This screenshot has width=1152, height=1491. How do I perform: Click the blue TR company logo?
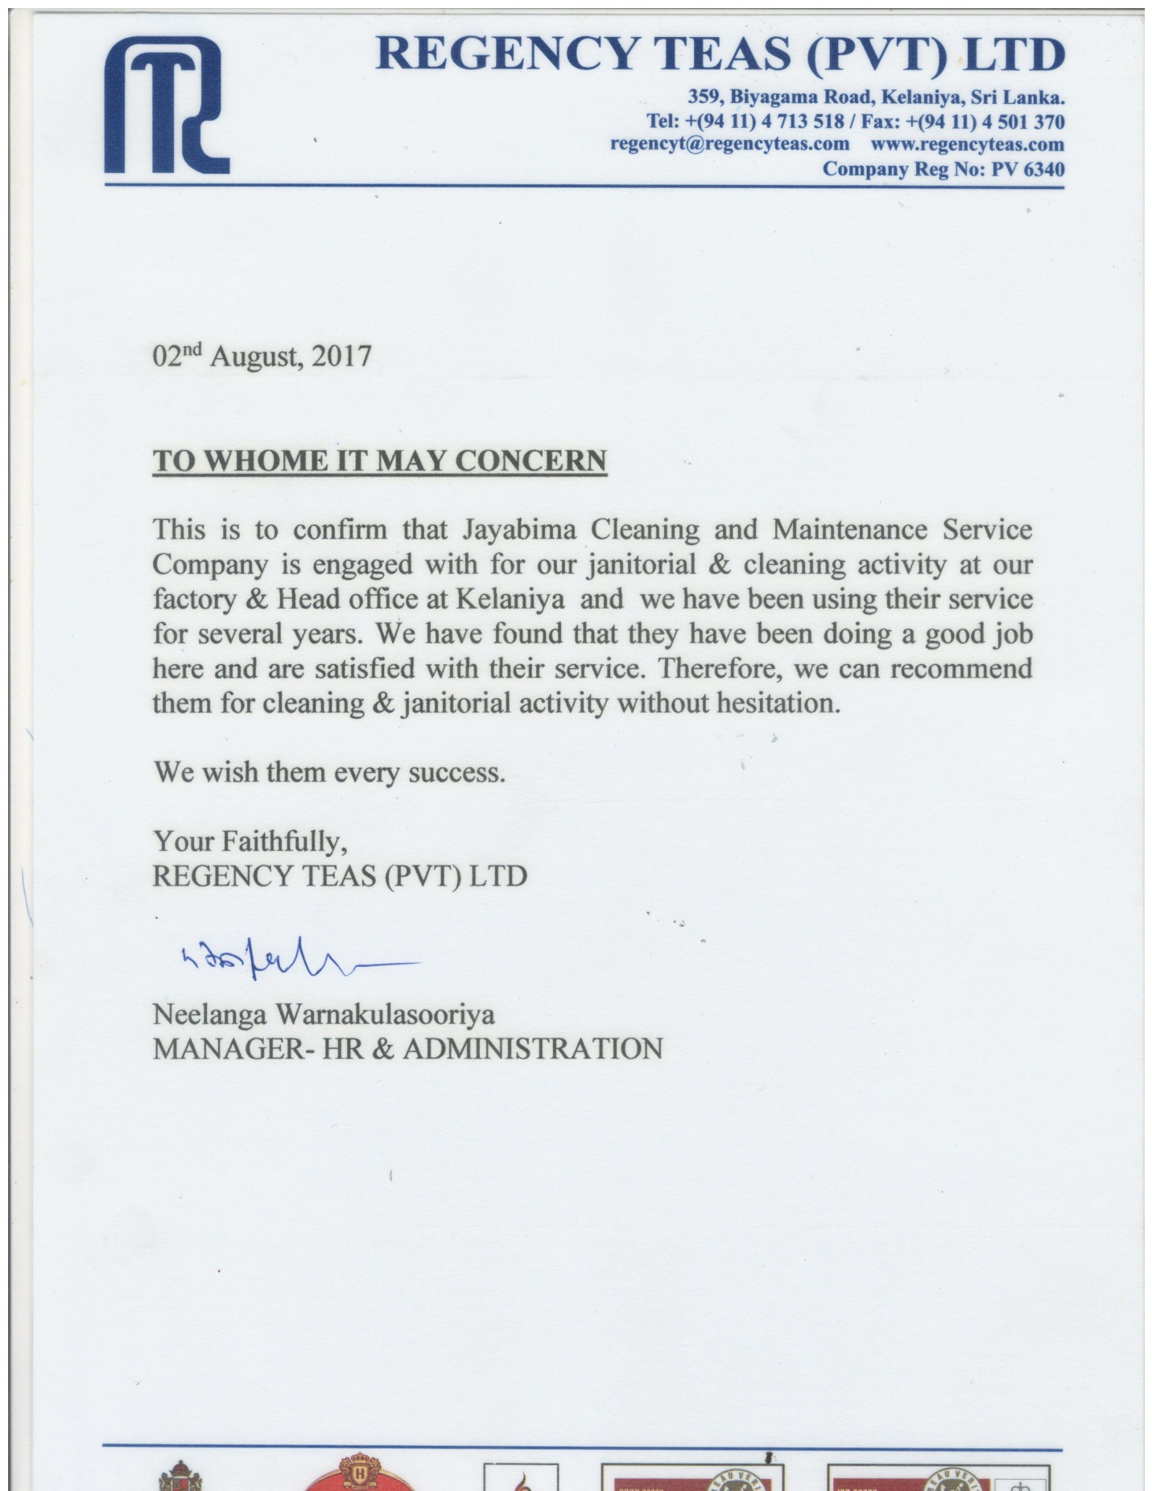[167, 107]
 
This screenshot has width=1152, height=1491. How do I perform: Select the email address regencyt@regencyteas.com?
[729, 144]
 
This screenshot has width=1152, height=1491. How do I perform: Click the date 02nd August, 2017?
[262, 356]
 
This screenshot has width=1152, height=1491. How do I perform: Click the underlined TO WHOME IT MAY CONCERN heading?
[379, 461]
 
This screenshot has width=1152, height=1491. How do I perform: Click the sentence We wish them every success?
[329, 773]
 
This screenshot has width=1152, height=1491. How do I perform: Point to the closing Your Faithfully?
[250, 842]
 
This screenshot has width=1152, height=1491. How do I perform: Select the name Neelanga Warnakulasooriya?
[324, 1014]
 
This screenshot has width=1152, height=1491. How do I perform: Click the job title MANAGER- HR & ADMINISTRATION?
[407, 1048]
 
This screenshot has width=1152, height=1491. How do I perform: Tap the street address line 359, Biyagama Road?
[876, 98]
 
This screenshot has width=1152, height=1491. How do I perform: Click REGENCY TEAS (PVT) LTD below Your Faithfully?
[340, 876]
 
